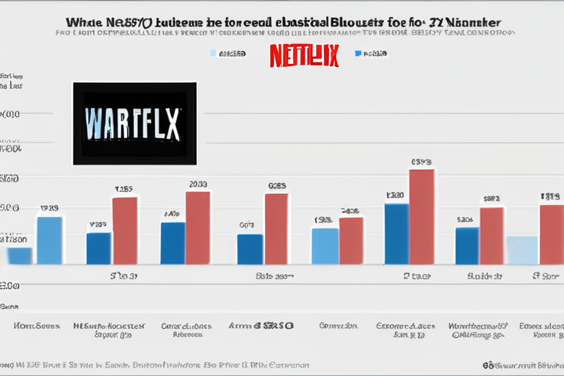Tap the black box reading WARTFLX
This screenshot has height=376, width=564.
pos(134,123)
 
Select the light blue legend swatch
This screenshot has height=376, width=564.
pos(214,54)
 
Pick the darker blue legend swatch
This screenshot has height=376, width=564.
pos(358,54)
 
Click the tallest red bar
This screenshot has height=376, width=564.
pos(422,217)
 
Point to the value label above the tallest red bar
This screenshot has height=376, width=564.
pos(422,162)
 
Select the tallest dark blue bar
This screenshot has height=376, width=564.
pos(397,234)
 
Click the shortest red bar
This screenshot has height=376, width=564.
pos(351,240)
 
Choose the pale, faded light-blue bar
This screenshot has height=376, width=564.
pos(521,250)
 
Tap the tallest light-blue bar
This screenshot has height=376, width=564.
pos(49,240)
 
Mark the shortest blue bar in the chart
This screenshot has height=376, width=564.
pos(19,256)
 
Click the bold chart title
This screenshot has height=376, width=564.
pos(282,23)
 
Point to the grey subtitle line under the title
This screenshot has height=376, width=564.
pos(282,35)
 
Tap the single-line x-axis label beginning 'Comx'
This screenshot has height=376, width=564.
pos(338,325)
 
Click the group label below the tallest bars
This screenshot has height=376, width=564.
pos(416,277)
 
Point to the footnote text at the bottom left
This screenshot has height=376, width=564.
pos(154,364)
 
